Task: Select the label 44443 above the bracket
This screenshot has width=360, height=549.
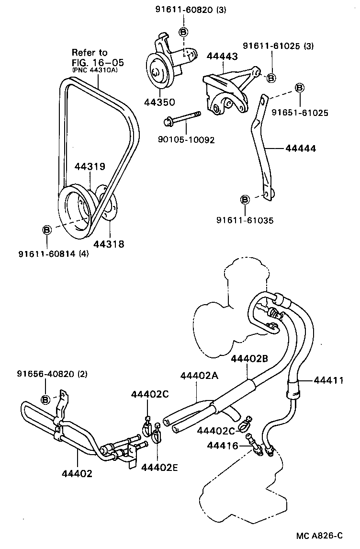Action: click(x=222, y=57)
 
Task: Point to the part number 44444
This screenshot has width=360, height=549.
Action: click(x=301, y=149)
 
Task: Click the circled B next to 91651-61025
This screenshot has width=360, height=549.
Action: click(x=300, y=88)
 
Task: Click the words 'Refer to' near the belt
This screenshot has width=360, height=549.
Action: click(x=90, y=52)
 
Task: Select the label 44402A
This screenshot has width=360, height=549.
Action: click(x=199, y=376)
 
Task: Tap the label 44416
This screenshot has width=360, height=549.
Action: click(x=223, y=446)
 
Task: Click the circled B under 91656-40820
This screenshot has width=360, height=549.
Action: click(x=45, y=399)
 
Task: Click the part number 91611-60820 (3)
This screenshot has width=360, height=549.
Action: click(x=183, y=9)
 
